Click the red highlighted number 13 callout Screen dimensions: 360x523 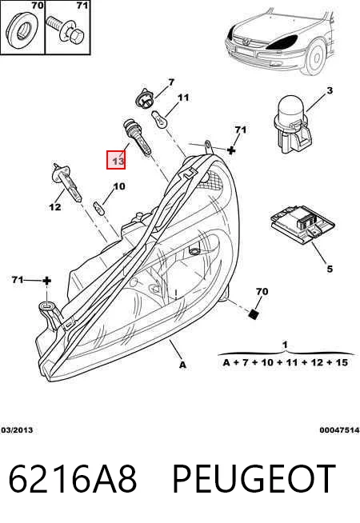116,160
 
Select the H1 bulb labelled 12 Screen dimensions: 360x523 67,182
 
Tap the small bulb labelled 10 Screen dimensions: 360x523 98,207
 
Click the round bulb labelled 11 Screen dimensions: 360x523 158,119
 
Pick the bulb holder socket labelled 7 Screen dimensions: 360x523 143,98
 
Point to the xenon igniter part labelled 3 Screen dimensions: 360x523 292,124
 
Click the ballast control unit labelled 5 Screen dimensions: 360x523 302,223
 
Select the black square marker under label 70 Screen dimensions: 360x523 254,313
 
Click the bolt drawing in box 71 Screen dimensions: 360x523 66,30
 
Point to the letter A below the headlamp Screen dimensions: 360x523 182,365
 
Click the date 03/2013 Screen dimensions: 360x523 17,429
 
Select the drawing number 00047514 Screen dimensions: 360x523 339,430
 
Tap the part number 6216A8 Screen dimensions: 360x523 73,479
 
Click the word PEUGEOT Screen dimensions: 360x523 254,479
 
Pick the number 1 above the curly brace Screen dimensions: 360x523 285,345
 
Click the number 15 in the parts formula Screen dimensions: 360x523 342,362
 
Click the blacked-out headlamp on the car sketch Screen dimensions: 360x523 282,42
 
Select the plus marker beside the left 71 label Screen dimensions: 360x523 46,281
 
